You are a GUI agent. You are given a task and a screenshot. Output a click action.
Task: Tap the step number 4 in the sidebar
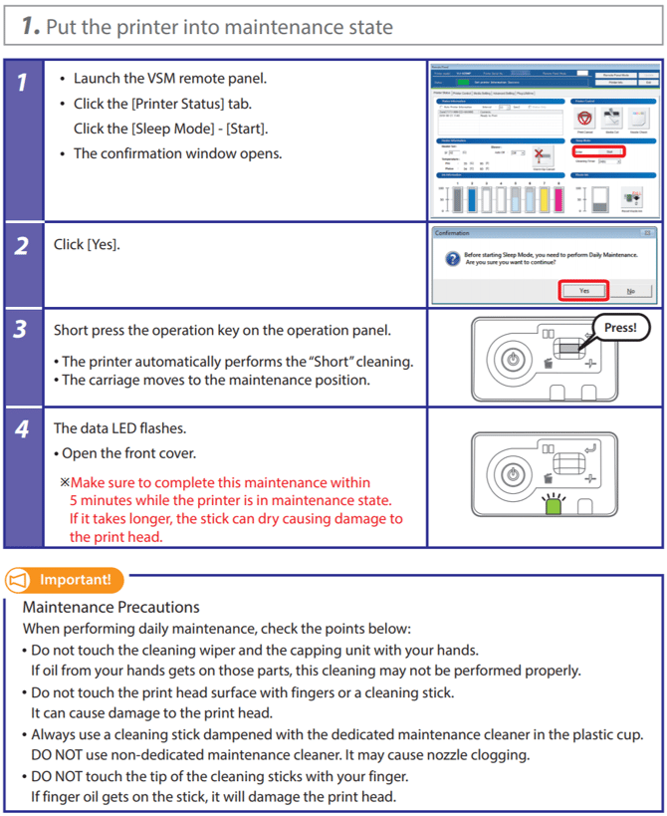point(22,430)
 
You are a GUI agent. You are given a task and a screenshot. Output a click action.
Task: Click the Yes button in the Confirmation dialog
point(584,290)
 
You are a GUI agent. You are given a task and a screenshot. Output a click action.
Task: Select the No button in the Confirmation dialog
point(631,290)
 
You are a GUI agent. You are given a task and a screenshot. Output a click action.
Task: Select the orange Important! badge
point(65,579)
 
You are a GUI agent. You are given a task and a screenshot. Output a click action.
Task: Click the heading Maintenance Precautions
point(111,607)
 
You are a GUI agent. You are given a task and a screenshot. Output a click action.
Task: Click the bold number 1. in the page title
point(30,26)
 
